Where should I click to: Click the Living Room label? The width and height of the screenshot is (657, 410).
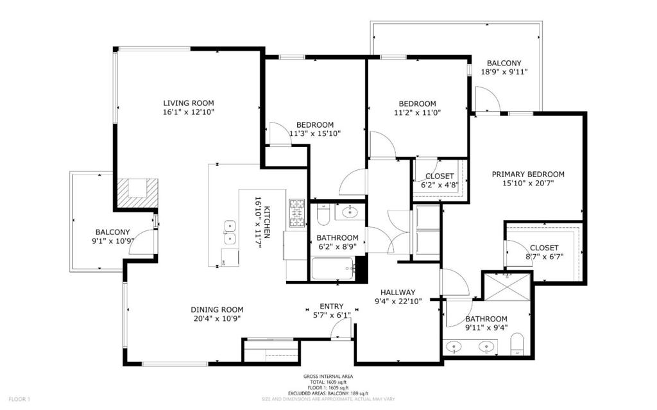tap(189, 103)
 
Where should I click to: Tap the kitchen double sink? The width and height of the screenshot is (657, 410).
tap(230, 233)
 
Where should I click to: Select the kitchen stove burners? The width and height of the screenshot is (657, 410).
tap(296, 214)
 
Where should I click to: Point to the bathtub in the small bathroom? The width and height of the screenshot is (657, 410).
tap(334, 268)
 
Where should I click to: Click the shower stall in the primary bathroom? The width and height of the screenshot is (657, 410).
tap(508, 287)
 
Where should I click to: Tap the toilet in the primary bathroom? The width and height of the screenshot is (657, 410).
tap(518, 345)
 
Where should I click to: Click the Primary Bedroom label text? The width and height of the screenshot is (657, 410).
tap(528, 175)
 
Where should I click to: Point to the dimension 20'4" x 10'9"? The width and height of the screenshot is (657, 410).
tap(217, 319)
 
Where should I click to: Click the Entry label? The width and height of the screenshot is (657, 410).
tap(332, 307)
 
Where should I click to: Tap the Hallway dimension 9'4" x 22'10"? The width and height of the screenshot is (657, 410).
tap(398, 301)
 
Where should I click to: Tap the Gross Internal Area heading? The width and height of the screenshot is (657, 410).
tap(328, 377)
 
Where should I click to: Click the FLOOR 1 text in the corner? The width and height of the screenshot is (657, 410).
tap(20, 400)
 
